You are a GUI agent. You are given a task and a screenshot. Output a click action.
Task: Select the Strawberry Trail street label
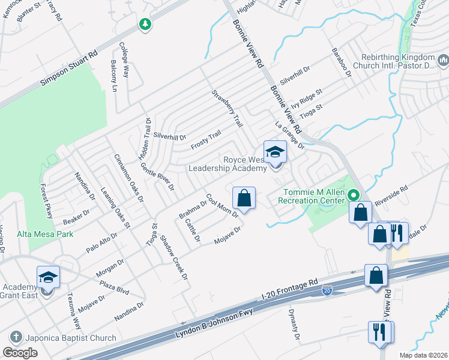click(x=227, y=109)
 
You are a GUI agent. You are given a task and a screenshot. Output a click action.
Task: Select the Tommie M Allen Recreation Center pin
click(x=354, y=195)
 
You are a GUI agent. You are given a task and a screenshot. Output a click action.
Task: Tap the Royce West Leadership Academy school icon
click(x=275, y=152)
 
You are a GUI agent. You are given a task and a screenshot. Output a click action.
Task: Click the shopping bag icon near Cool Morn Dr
click(x=244, y=197)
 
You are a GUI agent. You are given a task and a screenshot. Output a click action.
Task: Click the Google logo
click(x=20, y=353)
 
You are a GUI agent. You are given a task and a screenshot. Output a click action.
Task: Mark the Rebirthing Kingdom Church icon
click(x=444, y=60)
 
